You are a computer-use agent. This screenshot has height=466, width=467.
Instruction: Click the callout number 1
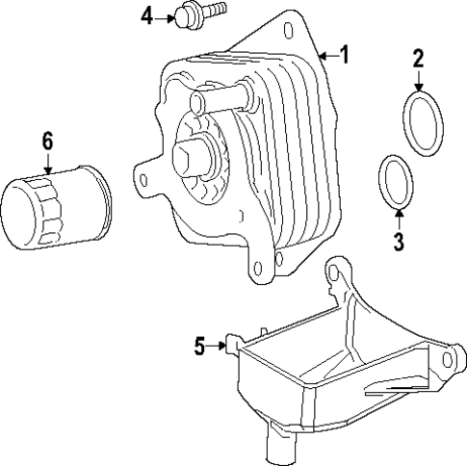point(344,56)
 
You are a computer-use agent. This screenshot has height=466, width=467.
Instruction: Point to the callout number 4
point(146,15)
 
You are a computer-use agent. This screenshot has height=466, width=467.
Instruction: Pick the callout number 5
point(199,346)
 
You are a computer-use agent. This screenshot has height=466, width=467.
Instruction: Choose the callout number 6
point(47,141)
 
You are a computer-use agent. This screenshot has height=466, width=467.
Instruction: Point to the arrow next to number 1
point(326,57)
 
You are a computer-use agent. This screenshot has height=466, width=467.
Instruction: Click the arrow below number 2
point(419,82)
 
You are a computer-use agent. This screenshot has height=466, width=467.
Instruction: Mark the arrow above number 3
point(398,217)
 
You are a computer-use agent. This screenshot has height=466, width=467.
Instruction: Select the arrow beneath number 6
point(47,166)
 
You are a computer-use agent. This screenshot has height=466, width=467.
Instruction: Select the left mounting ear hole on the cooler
point(145,177)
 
